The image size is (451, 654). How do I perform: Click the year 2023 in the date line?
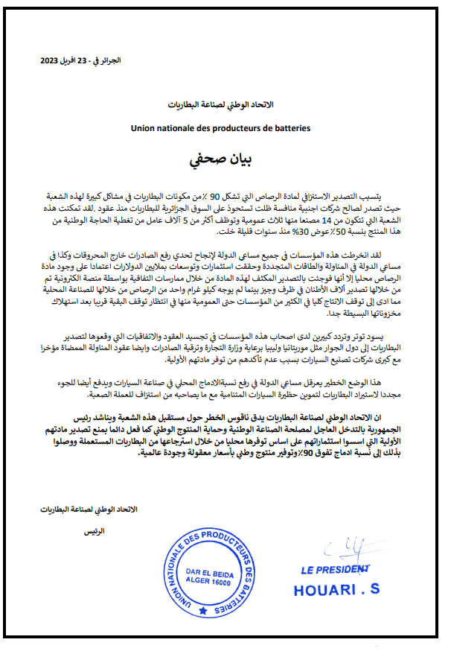51,60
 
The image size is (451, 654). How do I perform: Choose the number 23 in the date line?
92,60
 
